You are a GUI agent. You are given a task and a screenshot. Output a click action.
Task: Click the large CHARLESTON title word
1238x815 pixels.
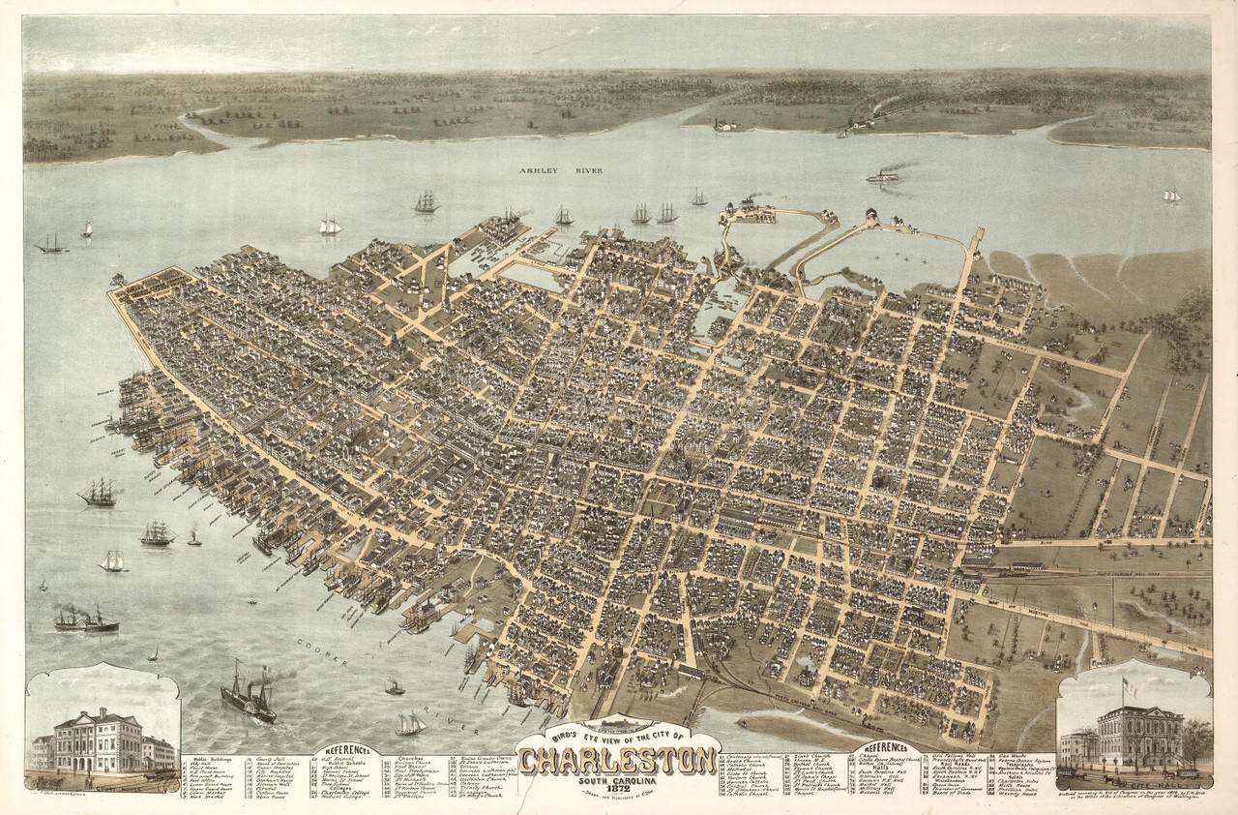[x=617, y=760]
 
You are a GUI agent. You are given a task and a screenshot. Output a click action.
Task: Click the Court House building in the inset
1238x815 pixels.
[x=98, y=740]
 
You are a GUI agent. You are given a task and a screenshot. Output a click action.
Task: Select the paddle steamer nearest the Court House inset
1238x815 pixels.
[x=249, y=700]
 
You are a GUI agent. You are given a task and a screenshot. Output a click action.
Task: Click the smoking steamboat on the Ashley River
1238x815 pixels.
[x=882, y=176]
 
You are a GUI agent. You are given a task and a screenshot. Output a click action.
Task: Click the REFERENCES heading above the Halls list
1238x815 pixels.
[x=887, y=747]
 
